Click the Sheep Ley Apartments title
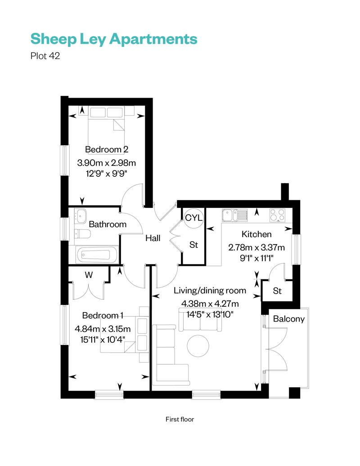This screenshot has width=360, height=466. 114,39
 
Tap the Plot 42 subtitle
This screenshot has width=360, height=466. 45,56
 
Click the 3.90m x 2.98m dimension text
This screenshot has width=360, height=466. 107,162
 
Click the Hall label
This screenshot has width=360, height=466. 153,238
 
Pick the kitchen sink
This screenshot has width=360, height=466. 234,215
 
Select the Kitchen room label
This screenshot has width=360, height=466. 256,234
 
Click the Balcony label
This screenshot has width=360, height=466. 289,319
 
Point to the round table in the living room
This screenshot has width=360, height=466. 198,345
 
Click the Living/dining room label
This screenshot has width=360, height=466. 210,290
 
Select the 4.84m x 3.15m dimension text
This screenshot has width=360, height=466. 103,328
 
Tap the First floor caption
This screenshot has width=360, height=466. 180,419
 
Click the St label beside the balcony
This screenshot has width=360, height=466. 277,291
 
